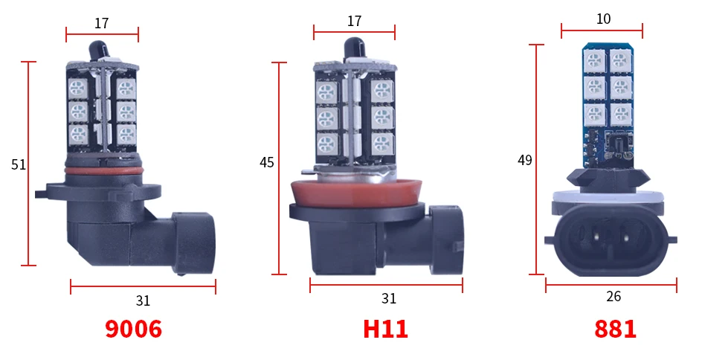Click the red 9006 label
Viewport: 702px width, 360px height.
click(x=133, y=329)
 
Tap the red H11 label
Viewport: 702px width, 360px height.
click(x=385, y=329)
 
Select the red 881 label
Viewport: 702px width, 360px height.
click(x=615, y=329)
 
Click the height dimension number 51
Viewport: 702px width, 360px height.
click(x=19, y=165)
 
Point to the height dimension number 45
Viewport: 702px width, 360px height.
click(x=266, y=162)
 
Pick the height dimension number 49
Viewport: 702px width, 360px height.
click(x=525, y=160)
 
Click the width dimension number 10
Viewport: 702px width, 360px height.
click(x=604, y=19)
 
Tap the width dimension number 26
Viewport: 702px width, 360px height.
click(x=614, y=296)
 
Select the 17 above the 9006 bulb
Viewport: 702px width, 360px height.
click(x=102, y=23)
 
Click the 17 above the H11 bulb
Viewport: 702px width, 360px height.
click(x=354, y=21)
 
